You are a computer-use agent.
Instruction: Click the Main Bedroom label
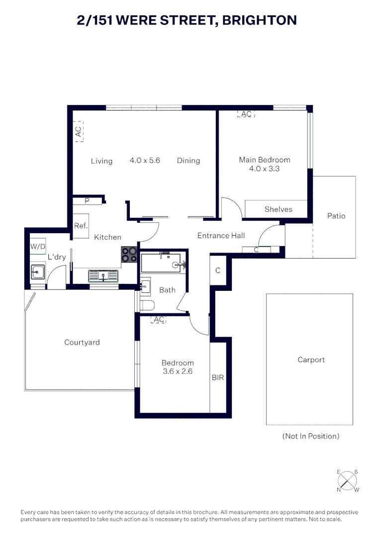(x=265, y=160)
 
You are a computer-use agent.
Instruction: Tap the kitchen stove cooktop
(x=129, y=255)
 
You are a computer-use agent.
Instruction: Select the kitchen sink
(x=103, y=276)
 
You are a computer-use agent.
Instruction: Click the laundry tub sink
(x=38, y=272)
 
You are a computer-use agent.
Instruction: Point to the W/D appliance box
(x=38, y=247)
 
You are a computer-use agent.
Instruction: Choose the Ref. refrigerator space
(x=81, y=226)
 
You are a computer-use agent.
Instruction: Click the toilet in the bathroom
(x=148, y=305)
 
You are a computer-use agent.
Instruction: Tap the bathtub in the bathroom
(x=161, y=263)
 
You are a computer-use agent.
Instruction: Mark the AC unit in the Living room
(x=79, y=132)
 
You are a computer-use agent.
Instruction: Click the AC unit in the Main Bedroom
(x=246, y=114)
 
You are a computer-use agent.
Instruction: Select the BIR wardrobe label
(x=218, y=378)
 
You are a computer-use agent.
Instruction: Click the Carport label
(x=311, y=360)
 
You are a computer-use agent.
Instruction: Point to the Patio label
(x=336, y=216)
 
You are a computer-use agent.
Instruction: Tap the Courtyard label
(x=82, y=342)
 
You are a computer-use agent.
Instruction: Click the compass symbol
(x=348, y=481)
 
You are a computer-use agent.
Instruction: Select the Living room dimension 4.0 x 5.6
(x=145, y=160)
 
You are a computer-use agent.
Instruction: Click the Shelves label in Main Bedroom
(x=278, y=209)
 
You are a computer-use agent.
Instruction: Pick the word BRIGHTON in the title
(x=260, y=20)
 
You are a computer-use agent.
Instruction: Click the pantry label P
(x=87, y=201)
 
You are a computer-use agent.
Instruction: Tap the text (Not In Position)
(x=311, y=436)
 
